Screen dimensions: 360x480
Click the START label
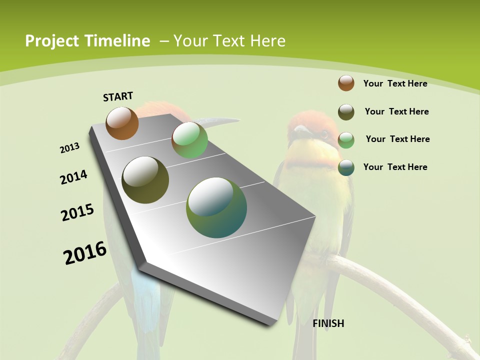(x=118, y=96)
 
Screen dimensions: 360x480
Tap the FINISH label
(x=328, y=323)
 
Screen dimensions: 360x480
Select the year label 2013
(x=69, y=148)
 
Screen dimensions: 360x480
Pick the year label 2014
(x=73, y=177)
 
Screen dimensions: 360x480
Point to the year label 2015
(x=77, y=212)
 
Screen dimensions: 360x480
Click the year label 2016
(x=85, y=253)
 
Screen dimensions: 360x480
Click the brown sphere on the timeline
(x=122, y=123)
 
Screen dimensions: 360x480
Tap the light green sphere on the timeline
(x=189, y=139)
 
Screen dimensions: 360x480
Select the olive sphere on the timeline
(x=145, y=179)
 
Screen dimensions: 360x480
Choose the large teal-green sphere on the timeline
(x=216, y=207)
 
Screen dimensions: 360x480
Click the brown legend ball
(x=346, y=83)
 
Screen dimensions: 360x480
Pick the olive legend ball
(x=346, y=112)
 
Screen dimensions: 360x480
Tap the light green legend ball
(x=346, y=140)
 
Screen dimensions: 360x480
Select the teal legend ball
(x=346, y=167)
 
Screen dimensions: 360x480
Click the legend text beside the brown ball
(x=395, y=83)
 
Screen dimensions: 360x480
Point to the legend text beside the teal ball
(x=395, y=167)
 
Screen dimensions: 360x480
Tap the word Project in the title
(x=51, y=41)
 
